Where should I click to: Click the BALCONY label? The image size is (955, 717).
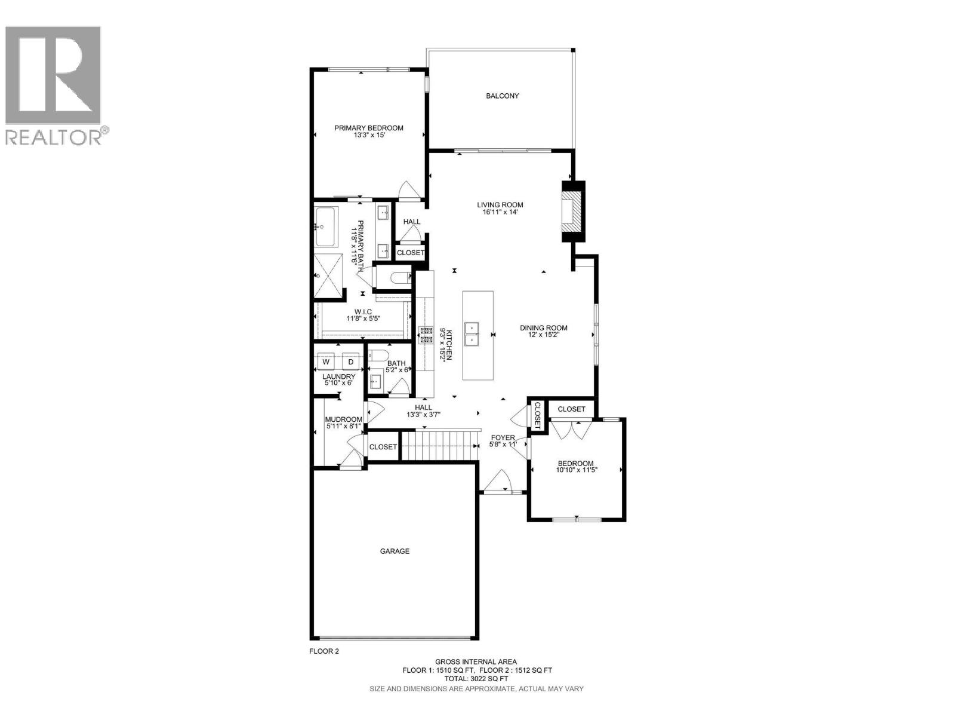(502, 96)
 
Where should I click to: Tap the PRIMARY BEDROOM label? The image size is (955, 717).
(368, 128)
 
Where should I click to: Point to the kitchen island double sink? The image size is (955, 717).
(478, 335)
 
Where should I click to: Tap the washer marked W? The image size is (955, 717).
(326, 362)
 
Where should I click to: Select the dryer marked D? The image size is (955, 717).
(351, 362)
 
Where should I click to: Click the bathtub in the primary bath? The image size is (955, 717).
(326, 227)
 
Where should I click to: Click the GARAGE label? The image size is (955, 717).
(395, 551)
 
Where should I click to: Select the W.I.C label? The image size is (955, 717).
(363, 311)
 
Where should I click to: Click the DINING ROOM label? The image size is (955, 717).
(543, 327)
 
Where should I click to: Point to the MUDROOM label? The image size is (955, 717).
(343, 419)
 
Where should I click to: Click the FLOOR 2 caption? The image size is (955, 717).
(324, 651)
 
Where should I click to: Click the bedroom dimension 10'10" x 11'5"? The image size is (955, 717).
(576, 470)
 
